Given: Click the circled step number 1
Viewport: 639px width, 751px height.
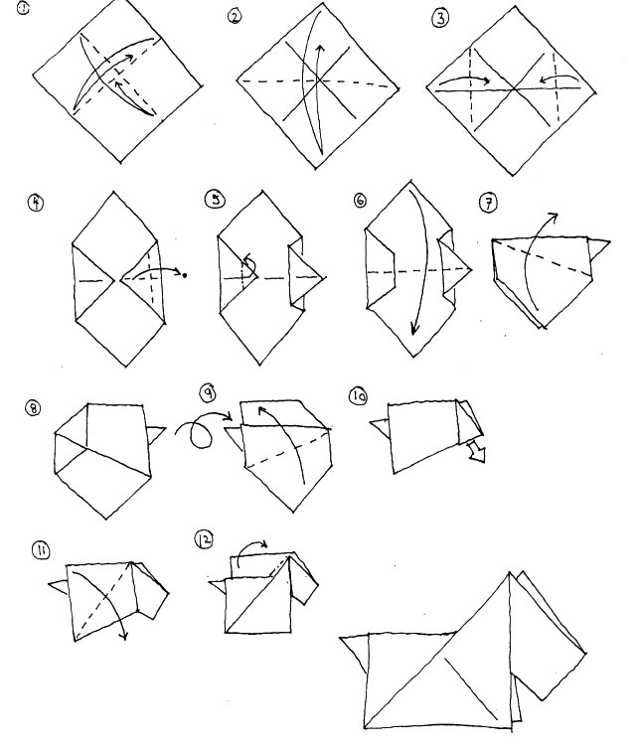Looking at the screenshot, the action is (x=23, y=8).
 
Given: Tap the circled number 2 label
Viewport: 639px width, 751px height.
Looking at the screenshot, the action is (x=235, y=17).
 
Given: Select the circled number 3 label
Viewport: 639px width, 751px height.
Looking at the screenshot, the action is (x=440, y=18).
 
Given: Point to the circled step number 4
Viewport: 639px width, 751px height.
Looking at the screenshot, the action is (x=36, y=202).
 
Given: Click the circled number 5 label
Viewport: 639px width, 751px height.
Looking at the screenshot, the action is (x=215, y=199).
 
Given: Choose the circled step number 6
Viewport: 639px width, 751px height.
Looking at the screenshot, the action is (x=360, y=200).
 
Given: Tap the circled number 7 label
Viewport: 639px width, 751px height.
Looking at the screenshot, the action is (x=488, y=203).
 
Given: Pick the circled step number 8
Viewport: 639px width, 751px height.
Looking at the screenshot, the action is (x=33, y=408).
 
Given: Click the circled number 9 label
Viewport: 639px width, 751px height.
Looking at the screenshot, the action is (x=208, y=392).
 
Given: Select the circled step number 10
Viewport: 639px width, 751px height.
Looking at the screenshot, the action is (x=359, y=396).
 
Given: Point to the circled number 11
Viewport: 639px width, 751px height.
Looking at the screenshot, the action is (x=41, y=550).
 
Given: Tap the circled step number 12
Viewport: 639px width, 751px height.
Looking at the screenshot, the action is (x=204, y=539).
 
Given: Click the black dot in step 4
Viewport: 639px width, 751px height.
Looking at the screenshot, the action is (x=185, y=275).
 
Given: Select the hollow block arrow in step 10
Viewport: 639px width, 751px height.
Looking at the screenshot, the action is (x=477, y=451).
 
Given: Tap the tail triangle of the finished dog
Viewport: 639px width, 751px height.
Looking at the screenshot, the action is (x=355, y=653).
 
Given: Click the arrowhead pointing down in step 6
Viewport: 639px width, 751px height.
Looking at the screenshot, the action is (x=414, y=329).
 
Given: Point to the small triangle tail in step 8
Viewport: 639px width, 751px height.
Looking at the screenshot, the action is (x=157, y=434).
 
